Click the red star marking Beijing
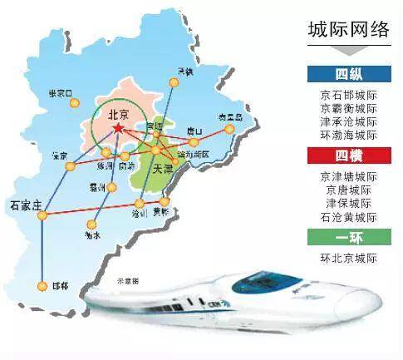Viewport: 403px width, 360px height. click(120, 130)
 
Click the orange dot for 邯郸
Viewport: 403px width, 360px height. click(42, 286)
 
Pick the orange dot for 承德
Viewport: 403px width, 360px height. click(174, 81)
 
